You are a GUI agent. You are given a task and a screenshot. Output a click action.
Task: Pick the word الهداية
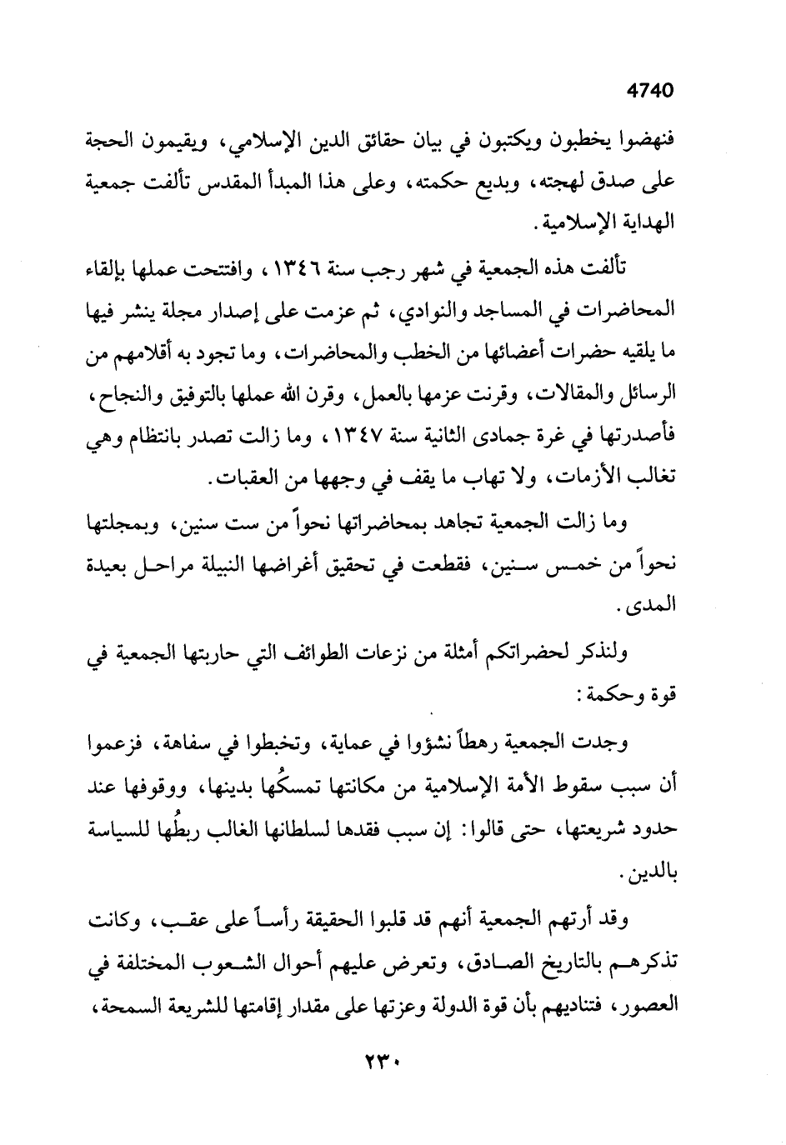tap(644, 223)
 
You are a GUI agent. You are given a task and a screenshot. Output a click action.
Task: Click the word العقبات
tap(241, 478)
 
